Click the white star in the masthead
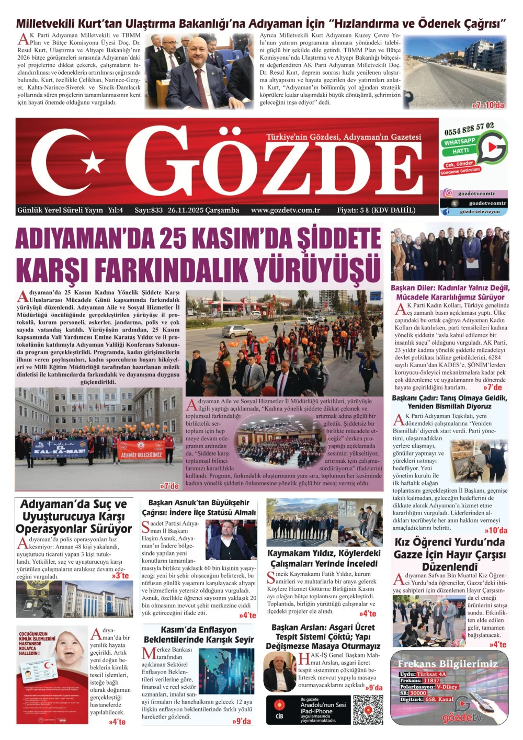pyautogui.click(x=93, y=162)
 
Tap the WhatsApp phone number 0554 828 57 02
pyautogui.click(x=469, y=129)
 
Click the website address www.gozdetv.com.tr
pyautogui.click(x=285, y=210)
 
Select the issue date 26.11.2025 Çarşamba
pyautogui.click(x=203, y=210)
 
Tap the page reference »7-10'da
pyautogui.click(x=488, y=105)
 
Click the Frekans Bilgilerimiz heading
pyautogui.click(x=447, y=664)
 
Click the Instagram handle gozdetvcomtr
pyautogui.click(x=476, y=193)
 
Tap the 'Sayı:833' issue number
pyautogui.click(x=149, y=210)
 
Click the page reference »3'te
pyautogui.click(x=120, y=576)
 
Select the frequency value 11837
pyautogui.click(x=431, y=680)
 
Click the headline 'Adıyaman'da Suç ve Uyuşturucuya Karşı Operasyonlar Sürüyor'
pyautogui.click(x=73, y=516)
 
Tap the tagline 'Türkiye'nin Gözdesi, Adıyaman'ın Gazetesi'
pyautogui.click(x=343, y=137)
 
